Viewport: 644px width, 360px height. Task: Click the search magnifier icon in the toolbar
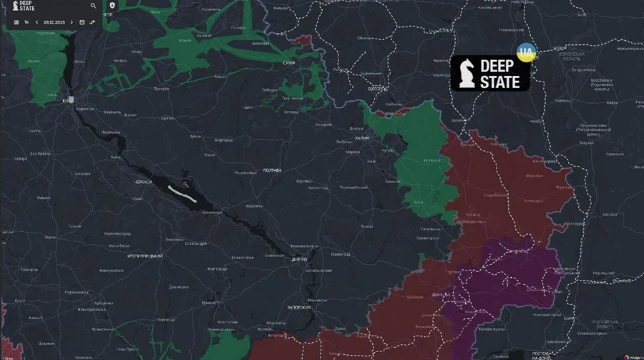click(93, 6)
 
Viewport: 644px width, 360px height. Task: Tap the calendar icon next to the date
click(82, 22)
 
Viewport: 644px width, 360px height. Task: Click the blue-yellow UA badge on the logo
click(526, 53)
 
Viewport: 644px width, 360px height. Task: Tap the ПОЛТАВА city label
click(272, 170)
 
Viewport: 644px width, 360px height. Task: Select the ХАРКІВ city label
click(364, 138)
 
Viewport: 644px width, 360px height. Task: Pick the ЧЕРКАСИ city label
click(143, 183)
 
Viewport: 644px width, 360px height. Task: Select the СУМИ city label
click(288, 63)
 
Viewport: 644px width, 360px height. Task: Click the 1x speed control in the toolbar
click(26, 22)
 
